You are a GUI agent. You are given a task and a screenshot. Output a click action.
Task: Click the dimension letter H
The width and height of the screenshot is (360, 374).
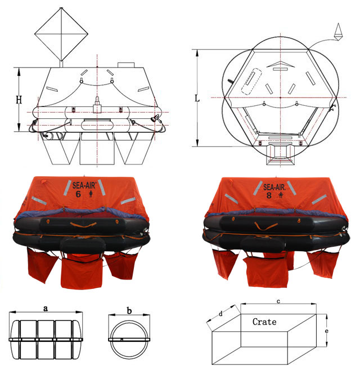point(19,100)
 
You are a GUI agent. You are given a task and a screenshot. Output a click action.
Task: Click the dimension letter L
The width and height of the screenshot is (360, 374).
point(197,98)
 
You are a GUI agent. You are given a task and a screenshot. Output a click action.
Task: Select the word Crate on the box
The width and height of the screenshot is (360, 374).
point(264,322)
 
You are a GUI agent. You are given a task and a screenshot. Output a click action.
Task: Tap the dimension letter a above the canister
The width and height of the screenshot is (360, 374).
point(46,309)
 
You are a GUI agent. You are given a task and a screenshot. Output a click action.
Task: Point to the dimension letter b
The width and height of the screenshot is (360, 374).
point(129,310)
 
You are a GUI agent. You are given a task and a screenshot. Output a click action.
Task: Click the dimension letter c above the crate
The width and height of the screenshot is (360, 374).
point(278,301)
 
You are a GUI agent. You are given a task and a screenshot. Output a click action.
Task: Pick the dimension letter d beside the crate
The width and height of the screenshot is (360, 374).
point(221,313)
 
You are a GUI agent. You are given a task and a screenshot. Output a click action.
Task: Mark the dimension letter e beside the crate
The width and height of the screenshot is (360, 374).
point(326,331)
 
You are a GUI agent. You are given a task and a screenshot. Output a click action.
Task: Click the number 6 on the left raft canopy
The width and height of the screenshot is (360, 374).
point(78,194)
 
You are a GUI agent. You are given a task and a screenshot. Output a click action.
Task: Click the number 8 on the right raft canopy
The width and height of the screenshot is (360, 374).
point(269,195)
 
